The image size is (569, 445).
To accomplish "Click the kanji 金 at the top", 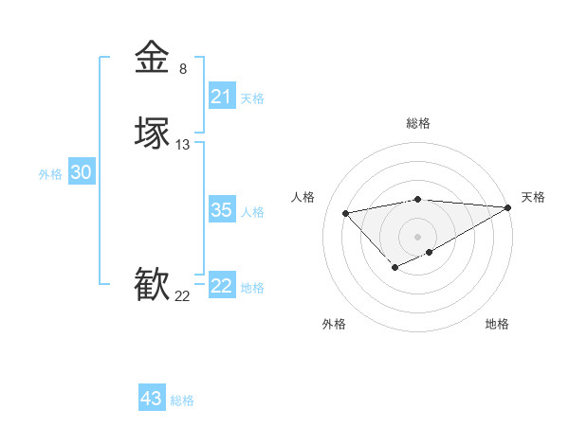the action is [x=152, y=57].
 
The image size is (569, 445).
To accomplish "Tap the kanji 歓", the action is [x=152, y=284].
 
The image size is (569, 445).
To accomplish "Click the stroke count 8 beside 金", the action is [x=183, y=68].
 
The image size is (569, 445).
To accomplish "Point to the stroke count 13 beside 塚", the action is [x=183, y=145].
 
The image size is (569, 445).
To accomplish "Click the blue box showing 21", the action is [x=221, y=97].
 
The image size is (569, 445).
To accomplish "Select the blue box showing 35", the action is [x=221, y=210].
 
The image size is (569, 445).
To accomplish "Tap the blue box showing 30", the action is [x=82, y=172].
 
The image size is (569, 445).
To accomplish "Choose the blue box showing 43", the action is [x=152, y=399].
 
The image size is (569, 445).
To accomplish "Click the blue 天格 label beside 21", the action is [x=252, y=98].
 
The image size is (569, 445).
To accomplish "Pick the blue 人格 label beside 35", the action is [x=252, y=212].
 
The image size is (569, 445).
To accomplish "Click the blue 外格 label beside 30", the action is [x=50, y=174].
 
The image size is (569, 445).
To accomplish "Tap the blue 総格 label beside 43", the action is [x=182, y=400].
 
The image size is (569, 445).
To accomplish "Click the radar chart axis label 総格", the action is [x=418, y=123].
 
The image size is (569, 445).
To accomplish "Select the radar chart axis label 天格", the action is [x=533, y=197].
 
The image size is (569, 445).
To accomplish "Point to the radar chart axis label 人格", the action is [x=303, y=197].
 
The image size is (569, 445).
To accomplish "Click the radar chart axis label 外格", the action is [x=334, y=324].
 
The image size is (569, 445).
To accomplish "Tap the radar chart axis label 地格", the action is [x=497, y=324].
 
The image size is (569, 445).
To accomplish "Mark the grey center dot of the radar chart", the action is [x=418, y=236].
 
